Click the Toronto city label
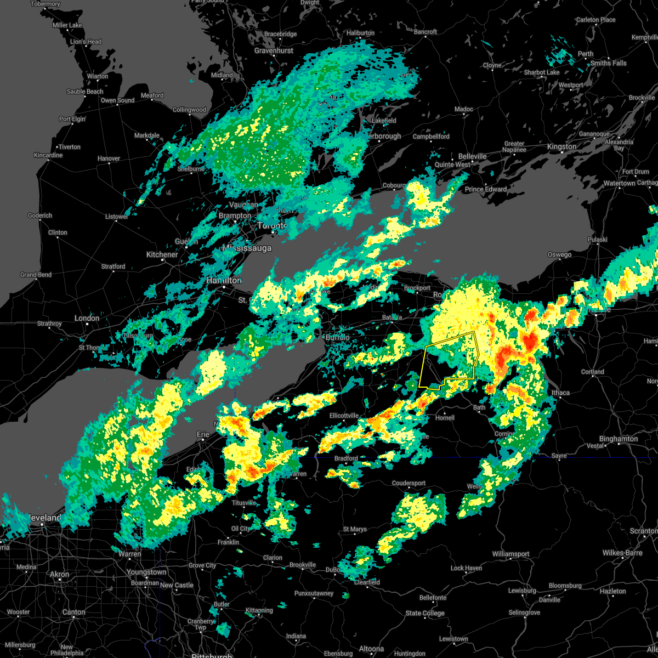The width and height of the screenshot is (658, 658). click(x=273, y=225)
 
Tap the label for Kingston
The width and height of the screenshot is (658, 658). click(x=561, y=146)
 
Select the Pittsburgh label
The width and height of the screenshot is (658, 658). click(x=212, y=655)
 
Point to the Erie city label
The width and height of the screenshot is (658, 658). click(x=203, y=434)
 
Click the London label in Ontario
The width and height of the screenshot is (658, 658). click(x=87, y=318)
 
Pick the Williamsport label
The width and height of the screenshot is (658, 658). click(x=510, y=554)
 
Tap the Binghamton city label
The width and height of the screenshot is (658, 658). click(x=619, y=439)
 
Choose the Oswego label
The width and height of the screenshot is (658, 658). click(x=559, y=254)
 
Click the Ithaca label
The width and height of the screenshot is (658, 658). click(x=560, y=393)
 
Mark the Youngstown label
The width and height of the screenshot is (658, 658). click(x=146, y=572)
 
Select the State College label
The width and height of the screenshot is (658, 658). click(x=425, y=613)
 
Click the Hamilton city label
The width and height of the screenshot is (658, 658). click(x=224, y=280)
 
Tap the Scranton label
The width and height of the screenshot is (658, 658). click(x=644, y=531)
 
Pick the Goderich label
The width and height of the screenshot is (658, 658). click(x=40, y=215)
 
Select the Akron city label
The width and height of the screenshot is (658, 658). click(x=60, y=575)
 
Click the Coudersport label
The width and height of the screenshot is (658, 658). click(x=409, y=483)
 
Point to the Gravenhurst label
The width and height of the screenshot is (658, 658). click(x=274, y=50)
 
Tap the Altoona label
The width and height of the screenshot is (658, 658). click(x=371, y=649)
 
